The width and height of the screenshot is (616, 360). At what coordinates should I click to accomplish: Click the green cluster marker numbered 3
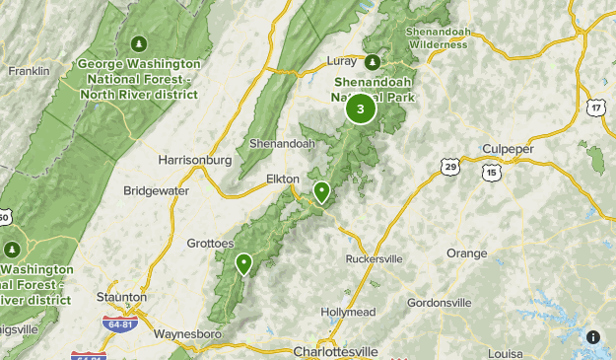[361, 108]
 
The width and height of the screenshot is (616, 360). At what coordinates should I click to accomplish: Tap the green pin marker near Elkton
[321, 191]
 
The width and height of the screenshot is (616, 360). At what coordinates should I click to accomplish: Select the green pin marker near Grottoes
[243, 262]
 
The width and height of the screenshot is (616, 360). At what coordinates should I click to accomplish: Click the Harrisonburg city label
[194, 159]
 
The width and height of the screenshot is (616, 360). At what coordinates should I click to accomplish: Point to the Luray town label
[341, 61]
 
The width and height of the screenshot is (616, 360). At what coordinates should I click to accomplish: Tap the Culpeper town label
[509, 149]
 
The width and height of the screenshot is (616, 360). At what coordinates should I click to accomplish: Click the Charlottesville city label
[336, 351]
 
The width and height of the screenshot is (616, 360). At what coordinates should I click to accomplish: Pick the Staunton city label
[123, 296]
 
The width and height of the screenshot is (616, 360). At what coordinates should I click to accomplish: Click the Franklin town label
[28, 71]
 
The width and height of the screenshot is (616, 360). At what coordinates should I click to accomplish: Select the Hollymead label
[348, 313]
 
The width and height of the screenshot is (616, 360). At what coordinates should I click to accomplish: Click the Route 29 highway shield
[449, 168]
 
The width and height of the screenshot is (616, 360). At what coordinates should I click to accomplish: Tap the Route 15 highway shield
[492, 172]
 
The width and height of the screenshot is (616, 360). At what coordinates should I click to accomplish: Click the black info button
[593, 337]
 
